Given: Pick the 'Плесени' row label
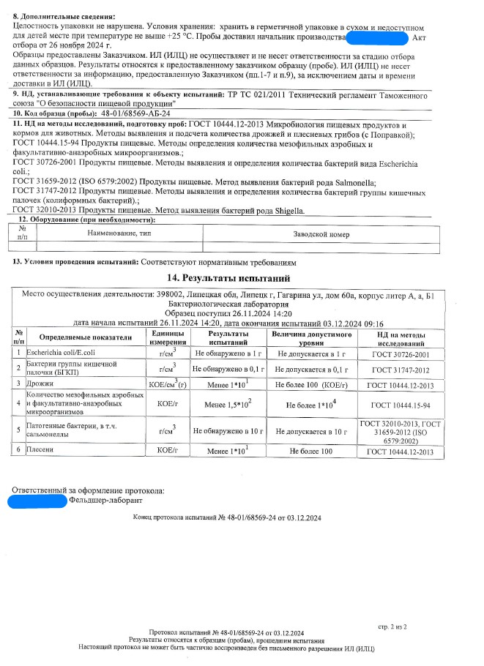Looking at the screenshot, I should [40, 452].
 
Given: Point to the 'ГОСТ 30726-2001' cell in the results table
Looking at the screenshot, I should [401, 353].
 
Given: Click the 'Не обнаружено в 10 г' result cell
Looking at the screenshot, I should [228, 431].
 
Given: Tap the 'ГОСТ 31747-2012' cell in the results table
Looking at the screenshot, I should [401, 368].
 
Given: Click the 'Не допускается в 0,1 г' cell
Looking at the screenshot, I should [310, 368].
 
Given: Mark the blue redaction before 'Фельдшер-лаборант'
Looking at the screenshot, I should [37, 501].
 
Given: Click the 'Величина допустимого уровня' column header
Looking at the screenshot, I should [310, 337].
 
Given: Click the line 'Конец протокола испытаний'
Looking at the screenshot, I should [227, 517].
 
